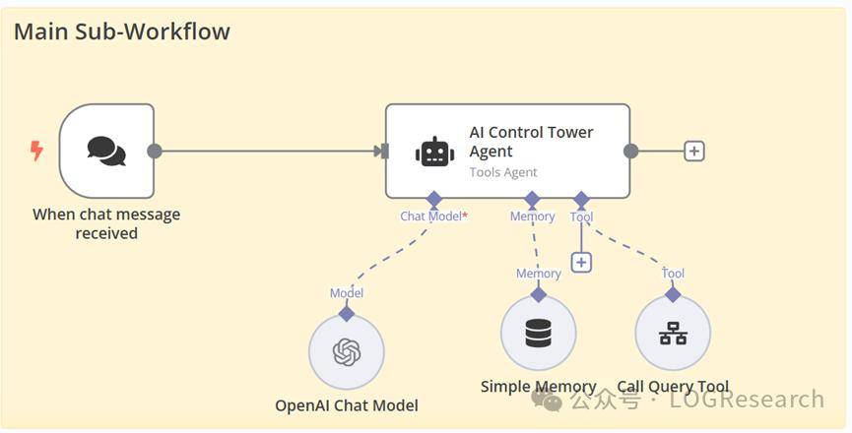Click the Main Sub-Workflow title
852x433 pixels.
click(x=122, y=31)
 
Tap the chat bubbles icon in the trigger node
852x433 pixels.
click(x=106, y=151)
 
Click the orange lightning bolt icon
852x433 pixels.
click(x=37, y=151)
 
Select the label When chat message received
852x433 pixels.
click(x=106, y=223)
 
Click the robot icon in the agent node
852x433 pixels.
click(x=434, y=152)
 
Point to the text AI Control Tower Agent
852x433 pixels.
click(x=531, y=142)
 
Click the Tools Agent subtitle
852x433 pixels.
click(x=503, y=172)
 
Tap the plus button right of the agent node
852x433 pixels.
click(x=694, y=151)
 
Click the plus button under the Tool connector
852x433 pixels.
click(x=581, y=263)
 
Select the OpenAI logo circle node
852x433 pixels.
click(x=347, y=352)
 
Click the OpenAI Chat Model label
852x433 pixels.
click(x=347, y=405)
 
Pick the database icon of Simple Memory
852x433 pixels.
click(x=539, y=334)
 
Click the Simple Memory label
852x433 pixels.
click(x=539, y=387)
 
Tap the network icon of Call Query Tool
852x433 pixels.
click(x=673, y=334)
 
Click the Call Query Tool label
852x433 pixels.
click(x=674, y=387)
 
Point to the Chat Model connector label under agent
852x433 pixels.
click(x=433, y=216)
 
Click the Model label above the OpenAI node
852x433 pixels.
click(x=347, y=293)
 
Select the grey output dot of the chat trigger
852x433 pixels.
click(x=155, y=151)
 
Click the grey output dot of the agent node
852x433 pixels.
click(x=631, y=151)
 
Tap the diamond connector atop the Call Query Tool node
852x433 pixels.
click(x=673, y=294)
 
